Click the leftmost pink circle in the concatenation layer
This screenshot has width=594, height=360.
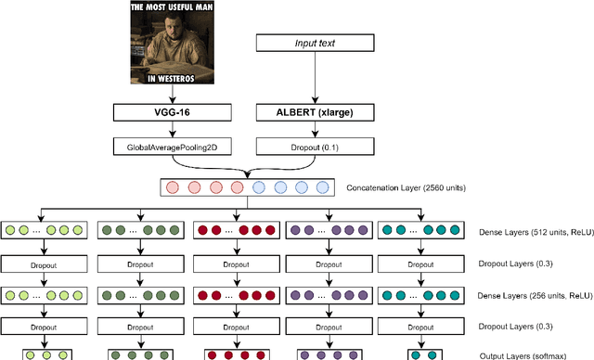tap(173, 187)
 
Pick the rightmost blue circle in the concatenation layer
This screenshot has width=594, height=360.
tap(322, 187)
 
